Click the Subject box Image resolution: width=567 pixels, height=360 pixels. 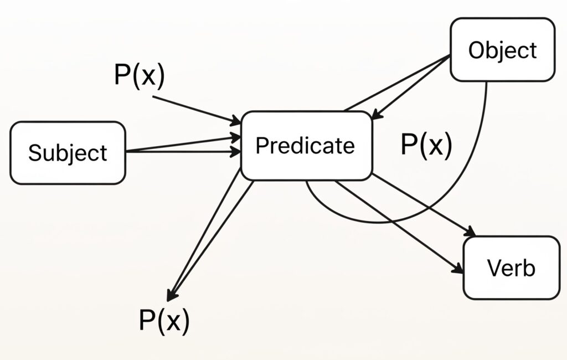(x=68, y=153)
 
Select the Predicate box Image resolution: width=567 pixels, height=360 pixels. (x=306, y=146)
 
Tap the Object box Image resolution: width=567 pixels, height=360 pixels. (x=502, y=50)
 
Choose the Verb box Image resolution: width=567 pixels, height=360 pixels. (x=511, y=268)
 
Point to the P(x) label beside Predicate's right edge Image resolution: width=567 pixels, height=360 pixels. (x=426, y=145)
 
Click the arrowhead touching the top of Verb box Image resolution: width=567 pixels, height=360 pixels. (x=472, y=232)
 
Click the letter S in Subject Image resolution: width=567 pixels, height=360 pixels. (x=34, y=153)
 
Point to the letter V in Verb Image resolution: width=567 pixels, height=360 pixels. (x=493, y=268)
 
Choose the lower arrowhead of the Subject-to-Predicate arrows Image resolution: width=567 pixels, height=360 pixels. (x=236, y=150)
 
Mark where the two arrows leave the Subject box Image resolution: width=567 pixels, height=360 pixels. (x=127, y=152)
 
